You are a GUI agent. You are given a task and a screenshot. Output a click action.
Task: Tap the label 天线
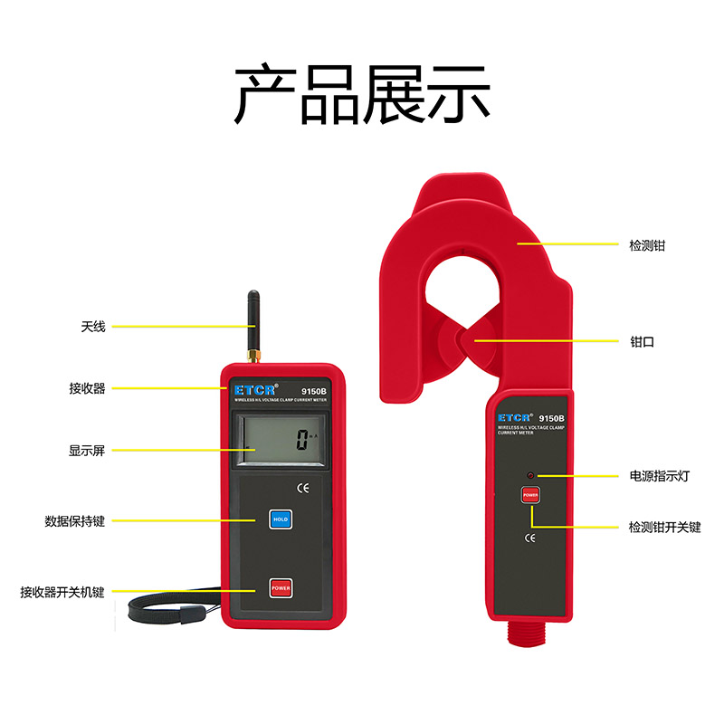92,326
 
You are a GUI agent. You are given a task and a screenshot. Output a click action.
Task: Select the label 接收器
87,387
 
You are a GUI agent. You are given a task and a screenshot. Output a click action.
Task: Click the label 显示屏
87,450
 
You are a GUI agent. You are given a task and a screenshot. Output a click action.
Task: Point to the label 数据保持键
75,521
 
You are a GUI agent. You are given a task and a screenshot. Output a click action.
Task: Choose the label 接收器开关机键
62,593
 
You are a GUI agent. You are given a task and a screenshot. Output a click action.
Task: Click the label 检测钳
647,244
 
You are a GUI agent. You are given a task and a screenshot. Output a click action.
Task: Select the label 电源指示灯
659,475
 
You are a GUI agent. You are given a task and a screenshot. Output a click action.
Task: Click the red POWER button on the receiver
280,588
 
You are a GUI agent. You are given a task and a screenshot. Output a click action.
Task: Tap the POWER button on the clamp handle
529,496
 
